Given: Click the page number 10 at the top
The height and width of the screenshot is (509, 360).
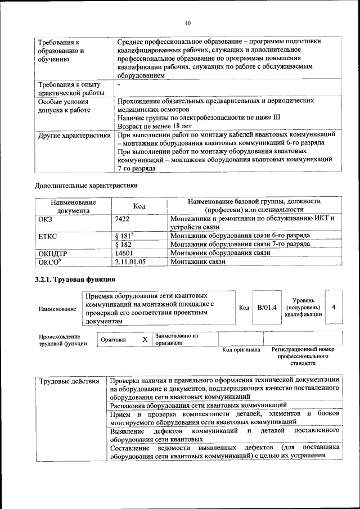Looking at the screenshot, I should tap(187, 22).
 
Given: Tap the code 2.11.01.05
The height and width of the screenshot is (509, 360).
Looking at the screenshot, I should tap(130, 262).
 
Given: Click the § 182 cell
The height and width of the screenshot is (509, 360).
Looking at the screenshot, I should tap(123, 244).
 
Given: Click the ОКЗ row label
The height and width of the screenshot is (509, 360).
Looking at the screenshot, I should tap(44, 218).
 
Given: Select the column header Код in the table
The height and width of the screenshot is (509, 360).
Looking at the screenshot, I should tap(139, 206).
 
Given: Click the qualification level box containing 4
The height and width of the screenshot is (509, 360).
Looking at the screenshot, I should tap(334, 308).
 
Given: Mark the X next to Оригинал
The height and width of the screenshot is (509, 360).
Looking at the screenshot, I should tap(145, 340).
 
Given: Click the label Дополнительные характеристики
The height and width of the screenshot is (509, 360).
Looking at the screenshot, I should tap(86, 184).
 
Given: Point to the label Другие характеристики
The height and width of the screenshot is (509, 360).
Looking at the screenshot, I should tap(74, 135).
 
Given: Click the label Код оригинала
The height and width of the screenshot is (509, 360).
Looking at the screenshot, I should tap(241, 349).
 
